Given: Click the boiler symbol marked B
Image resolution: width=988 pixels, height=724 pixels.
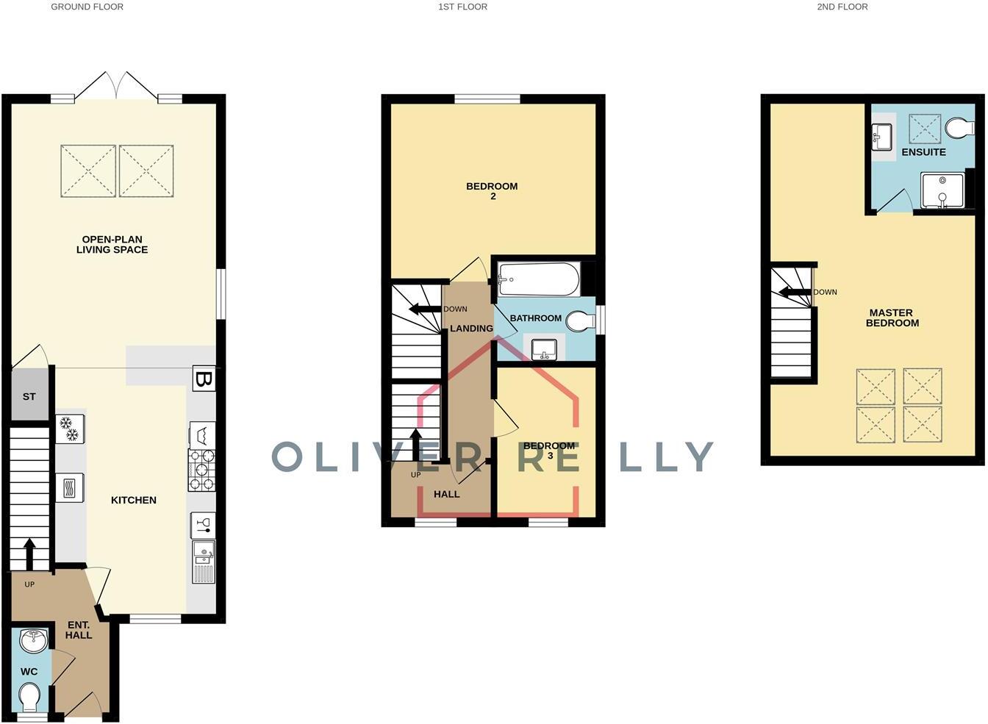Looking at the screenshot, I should coord(204,379).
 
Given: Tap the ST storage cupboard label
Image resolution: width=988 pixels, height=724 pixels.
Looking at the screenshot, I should coord(29,397).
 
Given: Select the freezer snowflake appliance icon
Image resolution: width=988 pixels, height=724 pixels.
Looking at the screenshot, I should coord(71,429).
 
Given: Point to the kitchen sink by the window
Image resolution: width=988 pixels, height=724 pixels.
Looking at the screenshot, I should coord(203,562).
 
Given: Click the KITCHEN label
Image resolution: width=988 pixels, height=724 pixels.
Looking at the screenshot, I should coord(133,501).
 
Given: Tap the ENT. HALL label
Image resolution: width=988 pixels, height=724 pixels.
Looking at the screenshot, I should coord(79,630).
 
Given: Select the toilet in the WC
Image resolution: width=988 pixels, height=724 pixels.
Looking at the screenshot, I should coord(30,698).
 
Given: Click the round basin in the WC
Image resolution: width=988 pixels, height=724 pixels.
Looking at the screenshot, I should coord(33,641).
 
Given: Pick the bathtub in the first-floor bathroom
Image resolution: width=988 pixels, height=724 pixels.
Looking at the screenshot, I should coord(538,279).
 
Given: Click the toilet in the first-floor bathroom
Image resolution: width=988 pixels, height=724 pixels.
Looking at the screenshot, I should coord(581,321).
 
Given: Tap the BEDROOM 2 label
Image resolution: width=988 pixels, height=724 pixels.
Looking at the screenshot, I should coord(492,191).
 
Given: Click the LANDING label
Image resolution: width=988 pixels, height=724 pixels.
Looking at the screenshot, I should coord(471,329).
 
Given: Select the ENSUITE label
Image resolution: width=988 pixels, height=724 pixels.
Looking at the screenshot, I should coord(923,152).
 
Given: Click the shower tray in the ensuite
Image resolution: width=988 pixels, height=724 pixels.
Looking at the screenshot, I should coord(942,191).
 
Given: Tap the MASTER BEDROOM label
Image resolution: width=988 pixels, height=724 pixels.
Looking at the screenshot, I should coord(892,318).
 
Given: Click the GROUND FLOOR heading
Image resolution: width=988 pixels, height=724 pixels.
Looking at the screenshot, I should coord(87,7).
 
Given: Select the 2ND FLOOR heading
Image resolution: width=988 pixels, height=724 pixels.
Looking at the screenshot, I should coord(842,7).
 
